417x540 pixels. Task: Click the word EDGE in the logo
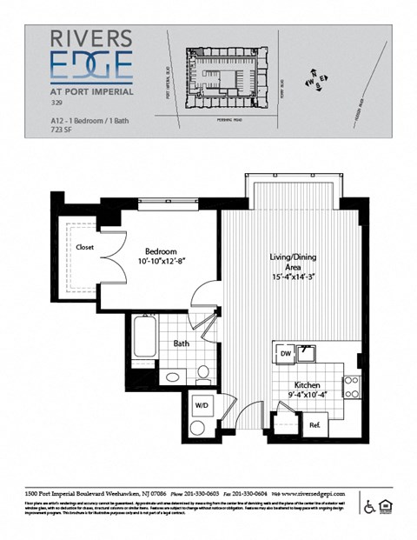coord(91,66)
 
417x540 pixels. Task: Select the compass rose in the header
coord(314,81)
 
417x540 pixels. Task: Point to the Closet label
coord(84,247)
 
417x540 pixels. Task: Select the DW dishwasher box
coord(285,354)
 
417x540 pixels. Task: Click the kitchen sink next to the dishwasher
coord(306,353)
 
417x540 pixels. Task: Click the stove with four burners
coord(352,385)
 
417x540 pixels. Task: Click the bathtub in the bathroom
coord(145,337)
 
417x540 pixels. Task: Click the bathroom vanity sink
coord(173,377)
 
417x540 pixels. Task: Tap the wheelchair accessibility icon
coord(368,506)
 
